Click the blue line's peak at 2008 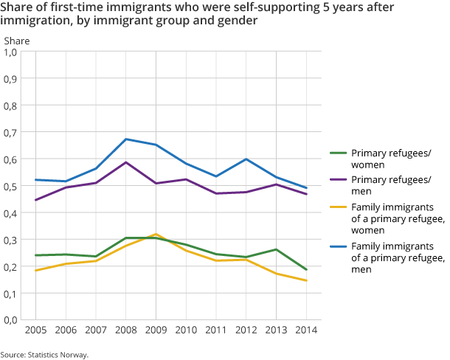126,139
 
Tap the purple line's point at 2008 126,162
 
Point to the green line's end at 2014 306,270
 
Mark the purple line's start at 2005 35,200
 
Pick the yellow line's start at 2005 35,271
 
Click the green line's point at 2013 276,249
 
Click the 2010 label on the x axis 186,330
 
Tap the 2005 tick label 35,330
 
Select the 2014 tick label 306,330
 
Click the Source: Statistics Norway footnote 44,354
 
